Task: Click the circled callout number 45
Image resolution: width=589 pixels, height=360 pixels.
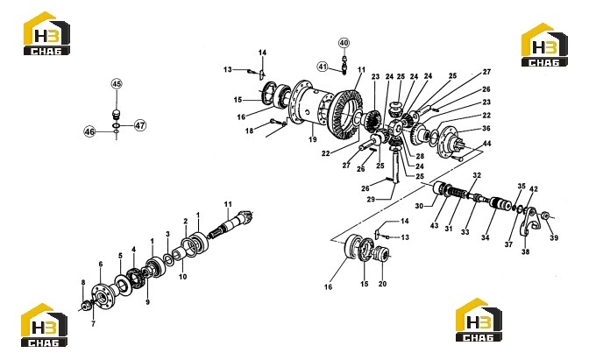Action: [x=117, y=84]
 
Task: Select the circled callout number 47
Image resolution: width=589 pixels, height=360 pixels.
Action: [x=139, y=125]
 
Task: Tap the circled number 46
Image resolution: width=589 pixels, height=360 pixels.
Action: [x=89, y=131]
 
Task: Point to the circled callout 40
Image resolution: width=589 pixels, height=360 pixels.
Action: [x=344, y=43]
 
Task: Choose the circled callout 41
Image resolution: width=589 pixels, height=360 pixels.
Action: [x=323, y=67]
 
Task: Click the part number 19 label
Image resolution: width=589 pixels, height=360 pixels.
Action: [x=313, y=139]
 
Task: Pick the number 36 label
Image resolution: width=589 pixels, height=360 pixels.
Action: [x=486, y=129]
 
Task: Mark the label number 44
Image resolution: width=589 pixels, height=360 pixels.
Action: [x=486, y=144]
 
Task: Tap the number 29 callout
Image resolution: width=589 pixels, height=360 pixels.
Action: [x=371, y=200]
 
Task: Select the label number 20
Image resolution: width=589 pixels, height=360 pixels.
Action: [x=382, y=284]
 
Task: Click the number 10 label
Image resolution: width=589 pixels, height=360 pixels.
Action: [x=182, y=277]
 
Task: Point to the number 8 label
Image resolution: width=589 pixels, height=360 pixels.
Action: [x=83, y=282]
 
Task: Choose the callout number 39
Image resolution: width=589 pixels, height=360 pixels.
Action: [x=554, y=237]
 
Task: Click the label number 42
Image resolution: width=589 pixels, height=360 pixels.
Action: [x=534, y=189]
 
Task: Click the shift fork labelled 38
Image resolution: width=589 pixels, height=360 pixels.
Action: [x=529, y=223]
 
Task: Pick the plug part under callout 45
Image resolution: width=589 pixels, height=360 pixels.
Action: [x=116, y=114]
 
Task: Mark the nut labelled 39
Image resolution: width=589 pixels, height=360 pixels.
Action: [x=545, y=215]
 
